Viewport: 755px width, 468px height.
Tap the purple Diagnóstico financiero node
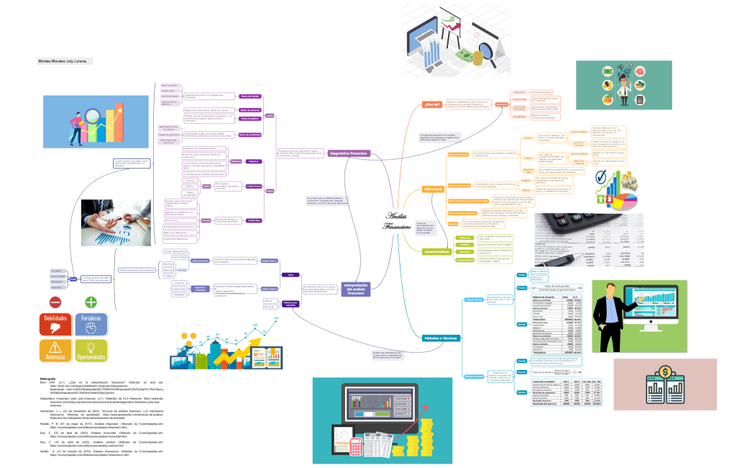(x=349, y=153)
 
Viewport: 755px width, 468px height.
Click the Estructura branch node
(x=434, y=189)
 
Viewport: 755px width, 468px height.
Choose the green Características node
(x=439, y=251)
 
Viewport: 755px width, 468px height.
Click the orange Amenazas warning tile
(x=55, y=350)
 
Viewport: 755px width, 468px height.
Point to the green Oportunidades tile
(x=91, y=350)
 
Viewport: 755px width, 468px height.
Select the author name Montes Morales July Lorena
(x=62, y=61)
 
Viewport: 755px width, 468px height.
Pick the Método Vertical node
(x=473, y=300)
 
